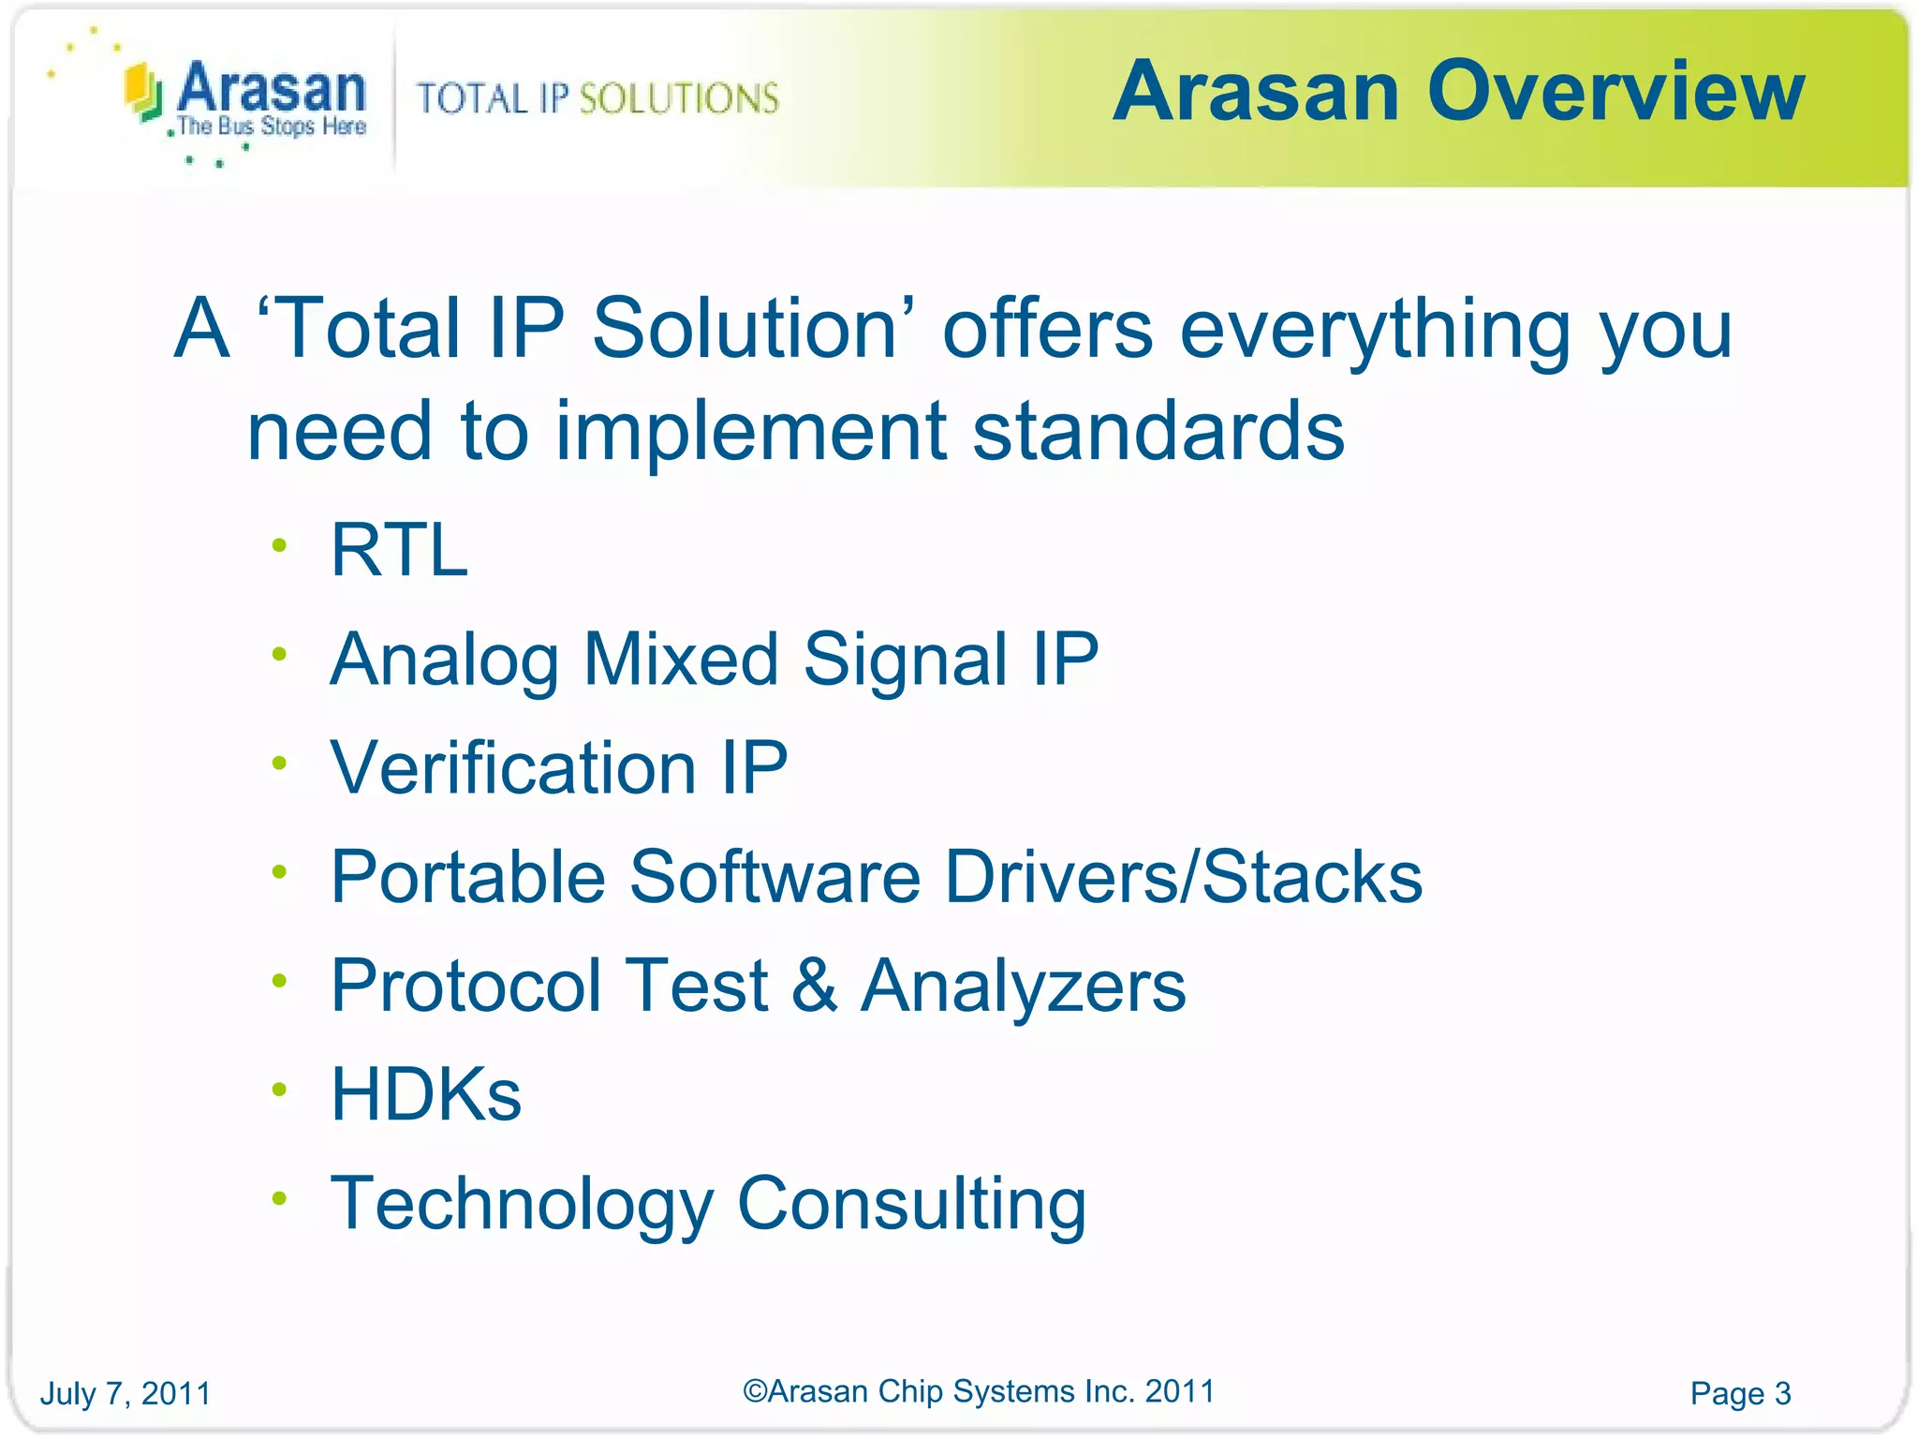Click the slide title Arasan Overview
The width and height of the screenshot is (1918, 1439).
click(1457, 91)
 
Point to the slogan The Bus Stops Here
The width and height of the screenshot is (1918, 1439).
click(272, 126)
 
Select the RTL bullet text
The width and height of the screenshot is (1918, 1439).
click(400, 550)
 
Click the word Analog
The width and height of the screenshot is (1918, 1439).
click(445, 660)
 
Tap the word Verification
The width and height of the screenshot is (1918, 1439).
click(513, 768)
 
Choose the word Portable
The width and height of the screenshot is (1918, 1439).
click(468, 878)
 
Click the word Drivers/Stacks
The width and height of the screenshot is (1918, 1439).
click(1184, 878)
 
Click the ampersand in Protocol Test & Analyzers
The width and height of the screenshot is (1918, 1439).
click(814, 986)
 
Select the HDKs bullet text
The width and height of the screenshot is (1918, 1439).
click(426, 1094)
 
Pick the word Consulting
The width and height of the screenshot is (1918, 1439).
click(912, 1205)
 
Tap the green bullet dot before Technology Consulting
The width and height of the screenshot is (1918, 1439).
click(279, 1198)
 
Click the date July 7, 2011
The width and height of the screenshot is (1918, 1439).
click(125, 1393)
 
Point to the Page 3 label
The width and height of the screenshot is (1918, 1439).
click(1740, 1393)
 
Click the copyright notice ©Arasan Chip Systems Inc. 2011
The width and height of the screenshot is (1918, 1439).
click(978, 1391)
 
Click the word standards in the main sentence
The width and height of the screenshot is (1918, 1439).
click(1158, 431)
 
